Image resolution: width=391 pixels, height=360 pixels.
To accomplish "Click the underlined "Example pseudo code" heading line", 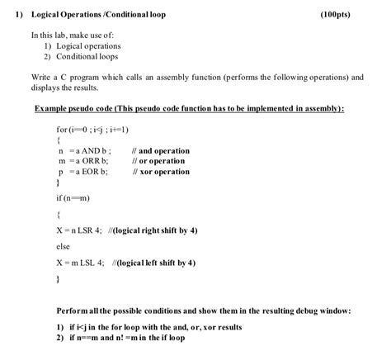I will pyautogui.click(x=189, y=108).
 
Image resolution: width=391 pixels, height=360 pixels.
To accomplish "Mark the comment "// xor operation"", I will pyautogui.click(x=160, y=172).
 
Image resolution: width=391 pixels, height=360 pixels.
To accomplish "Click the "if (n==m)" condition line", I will pyautogui.click(x=73, y=199).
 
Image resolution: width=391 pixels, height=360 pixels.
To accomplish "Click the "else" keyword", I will pyautogui.click(x=64, y=246).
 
